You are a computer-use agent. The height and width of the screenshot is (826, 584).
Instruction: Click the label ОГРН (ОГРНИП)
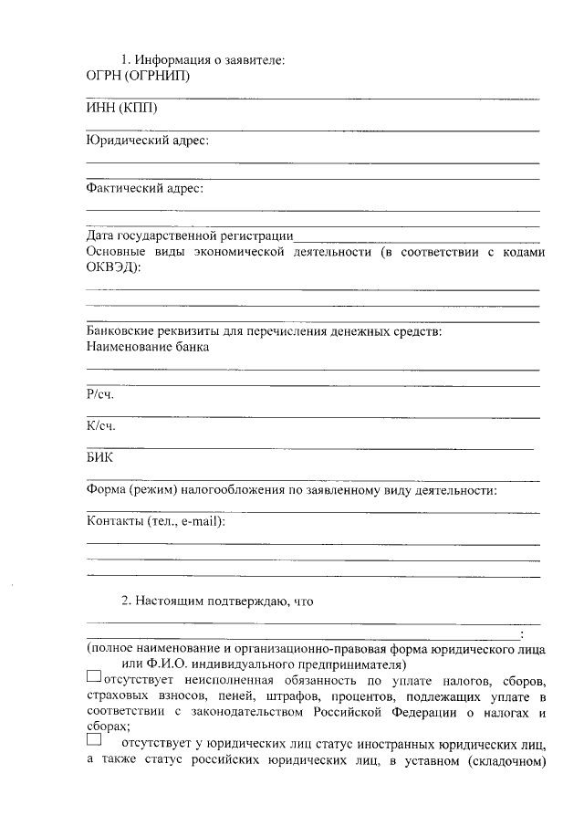tap(131, 76)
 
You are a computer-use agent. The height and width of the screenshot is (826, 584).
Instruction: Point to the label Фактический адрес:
tap(144, 188)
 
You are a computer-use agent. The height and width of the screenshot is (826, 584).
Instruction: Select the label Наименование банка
tap(147, 347)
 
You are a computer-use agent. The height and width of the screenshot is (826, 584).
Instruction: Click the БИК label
tap(99, 458)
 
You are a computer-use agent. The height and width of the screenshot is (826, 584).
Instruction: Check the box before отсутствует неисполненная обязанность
tap(95, 677)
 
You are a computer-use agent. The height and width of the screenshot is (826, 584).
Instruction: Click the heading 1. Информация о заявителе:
tap(203, 60)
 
